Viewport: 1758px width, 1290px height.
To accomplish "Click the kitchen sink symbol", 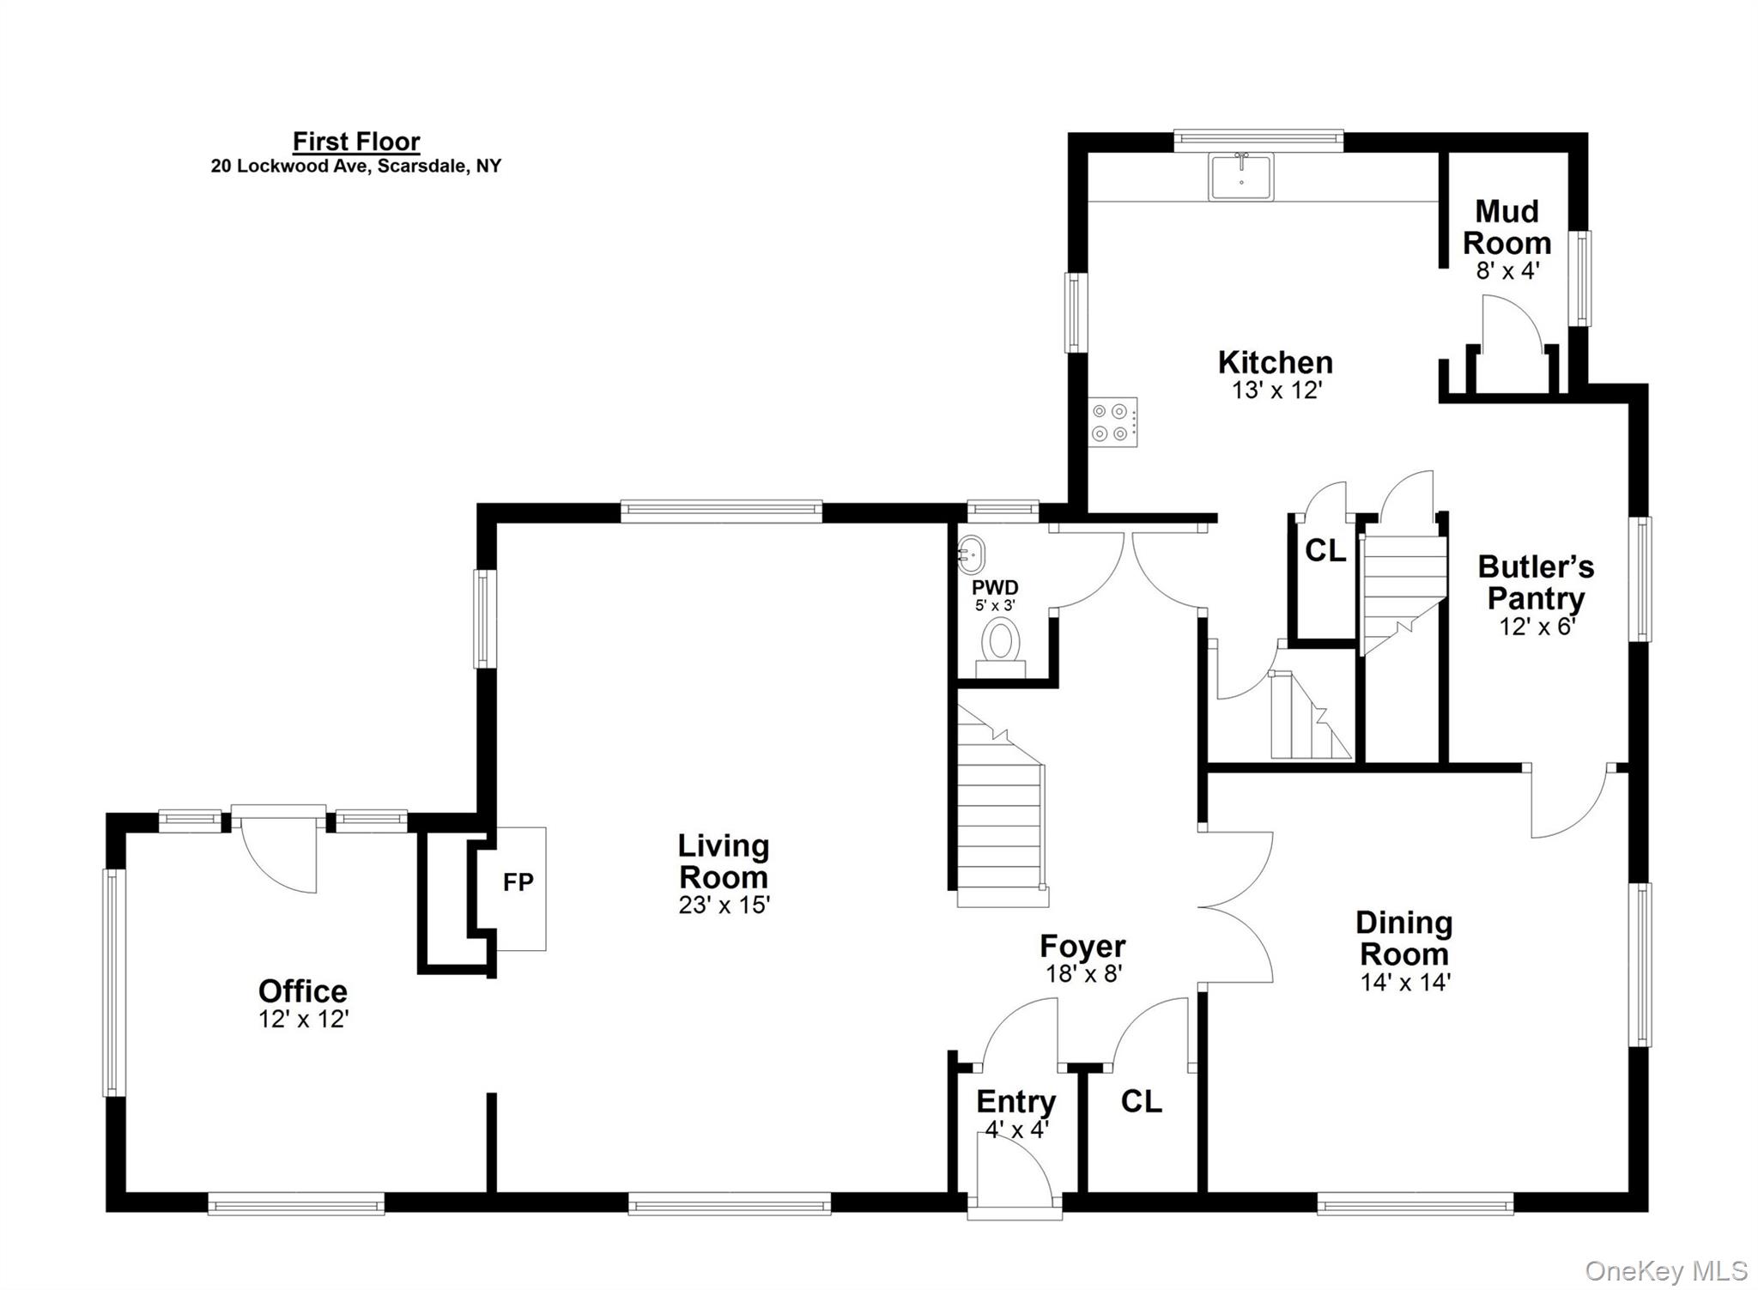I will tap(1240, 177).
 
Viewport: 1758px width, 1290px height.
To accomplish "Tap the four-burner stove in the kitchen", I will tap(1113, 421).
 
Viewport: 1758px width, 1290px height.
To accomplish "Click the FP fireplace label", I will tap(518, 882).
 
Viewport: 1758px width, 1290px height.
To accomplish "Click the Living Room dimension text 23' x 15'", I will tap(724, 905).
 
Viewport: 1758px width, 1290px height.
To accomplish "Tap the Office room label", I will tap(302, 990).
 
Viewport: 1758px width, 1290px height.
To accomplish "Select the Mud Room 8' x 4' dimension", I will tap(1506, 271).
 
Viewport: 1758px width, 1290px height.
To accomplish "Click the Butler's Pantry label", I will tap(1535, 582).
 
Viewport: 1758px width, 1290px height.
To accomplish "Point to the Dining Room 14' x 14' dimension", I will tap(1404, 982).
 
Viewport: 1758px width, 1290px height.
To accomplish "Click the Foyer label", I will tap(1082, 946).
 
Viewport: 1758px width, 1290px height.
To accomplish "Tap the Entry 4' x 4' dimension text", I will tap(1016, 1130).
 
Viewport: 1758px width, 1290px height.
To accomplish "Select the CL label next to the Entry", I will tap(1141, 1101).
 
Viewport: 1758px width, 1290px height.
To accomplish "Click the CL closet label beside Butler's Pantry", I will tap(1325, 551).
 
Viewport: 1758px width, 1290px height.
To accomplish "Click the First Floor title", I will tap(356, 141).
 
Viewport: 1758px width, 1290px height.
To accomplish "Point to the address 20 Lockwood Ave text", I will tap(356, 167).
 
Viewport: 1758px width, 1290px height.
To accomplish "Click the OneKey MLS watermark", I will tap(1665, 1270).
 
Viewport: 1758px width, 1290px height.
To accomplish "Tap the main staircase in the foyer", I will tap(1000, 824).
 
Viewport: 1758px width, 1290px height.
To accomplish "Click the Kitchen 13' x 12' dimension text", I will tap(1276, 391).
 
